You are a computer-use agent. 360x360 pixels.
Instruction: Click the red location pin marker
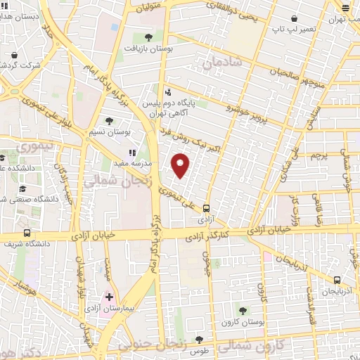(x=181, y=165)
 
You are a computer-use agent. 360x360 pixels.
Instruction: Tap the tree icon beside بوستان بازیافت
(x=148, y=37)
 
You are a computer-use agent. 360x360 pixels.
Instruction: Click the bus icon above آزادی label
(x=206, y=207)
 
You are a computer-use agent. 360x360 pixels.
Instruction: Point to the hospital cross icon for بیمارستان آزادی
(x=109, y=297)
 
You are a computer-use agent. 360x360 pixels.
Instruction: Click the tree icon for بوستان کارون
(x=243, y=309)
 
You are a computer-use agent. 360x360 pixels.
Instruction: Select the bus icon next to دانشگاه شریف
(x=27, y=233)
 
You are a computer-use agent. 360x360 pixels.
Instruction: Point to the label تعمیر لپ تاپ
(x=289, y=30)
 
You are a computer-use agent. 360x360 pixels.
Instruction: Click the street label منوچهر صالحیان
(x=283, y=73)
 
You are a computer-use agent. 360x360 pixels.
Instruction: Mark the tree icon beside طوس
(x=199, y=340)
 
